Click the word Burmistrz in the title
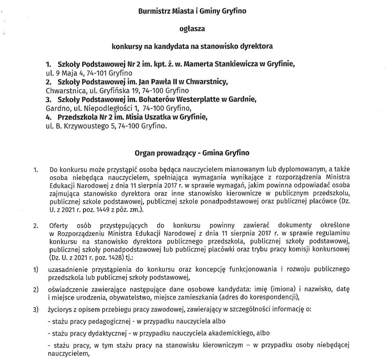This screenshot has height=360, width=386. click(153, 11)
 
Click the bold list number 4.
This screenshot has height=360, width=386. click(49, 117)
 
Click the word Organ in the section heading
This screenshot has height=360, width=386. click(145, 152)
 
